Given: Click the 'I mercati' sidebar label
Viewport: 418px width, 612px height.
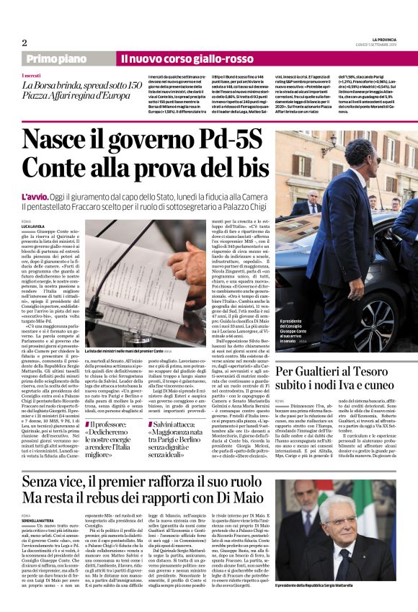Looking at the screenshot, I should pos(31,76).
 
